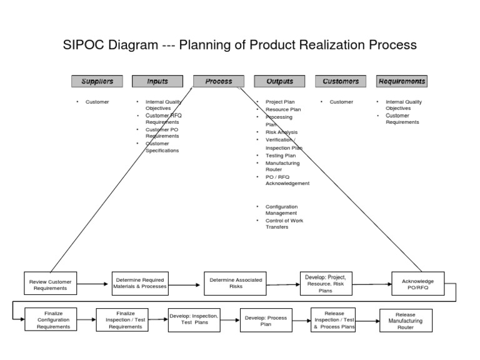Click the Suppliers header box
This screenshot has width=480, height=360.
click(96, 81)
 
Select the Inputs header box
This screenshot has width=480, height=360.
click(157, 81)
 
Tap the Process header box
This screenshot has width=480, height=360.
click(218, 81)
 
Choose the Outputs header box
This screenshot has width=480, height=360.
click(279, 81)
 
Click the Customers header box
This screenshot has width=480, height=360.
click(341, 81)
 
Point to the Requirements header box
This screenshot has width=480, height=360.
click(401, 81)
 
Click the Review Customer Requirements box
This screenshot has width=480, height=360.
click(51, 285)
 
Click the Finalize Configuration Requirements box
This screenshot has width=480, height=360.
click(53, 319)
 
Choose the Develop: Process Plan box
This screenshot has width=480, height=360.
click(266, 321)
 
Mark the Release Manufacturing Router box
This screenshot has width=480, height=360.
click(406, 321)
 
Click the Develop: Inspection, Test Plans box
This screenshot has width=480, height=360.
click(194, 319)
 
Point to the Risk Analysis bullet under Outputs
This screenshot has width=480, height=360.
click(281, 132)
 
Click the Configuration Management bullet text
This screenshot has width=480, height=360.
click(281, 209)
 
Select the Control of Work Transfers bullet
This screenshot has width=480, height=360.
click(281, 224)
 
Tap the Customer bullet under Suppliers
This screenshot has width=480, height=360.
click(97, 102)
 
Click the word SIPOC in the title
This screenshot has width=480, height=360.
click(85, 46)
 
